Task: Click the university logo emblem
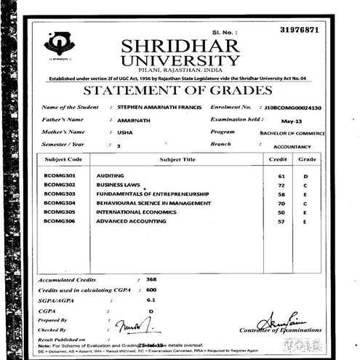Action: pos(59,44)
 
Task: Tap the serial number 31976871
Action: pos(299,29)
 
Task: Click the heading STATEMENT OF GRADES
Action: pos(177,91)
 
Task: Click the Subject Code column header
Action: pos(64,159)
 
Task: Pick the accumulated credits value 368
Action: pos(151,279)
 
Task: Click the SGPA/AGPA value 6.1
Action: pos(151,300)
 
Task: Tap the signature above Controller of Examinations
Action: pos(280,319)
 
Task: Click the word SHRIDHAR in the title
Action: pos(180,46)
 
